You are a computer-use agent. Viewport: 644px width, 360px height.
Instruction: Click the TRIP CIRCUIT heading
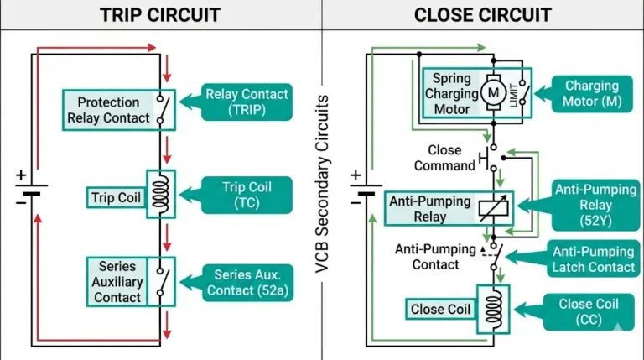point(159,15)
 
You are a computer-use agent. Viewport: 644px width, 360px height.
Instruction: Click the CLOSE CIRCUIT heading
point(482,15)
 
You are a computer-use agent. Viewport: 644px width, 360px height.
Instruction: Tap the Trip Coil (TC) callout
point(247,194)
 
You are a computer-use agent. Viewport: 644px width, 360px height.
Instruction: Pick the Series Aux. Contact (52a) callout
point(247,283)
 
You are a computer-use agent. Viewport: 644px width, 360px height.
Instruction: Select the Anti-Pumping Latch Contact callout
point(592,259)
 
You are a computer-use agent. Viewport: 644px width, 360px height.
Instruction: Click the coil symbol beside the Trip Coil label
point(160,194)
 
